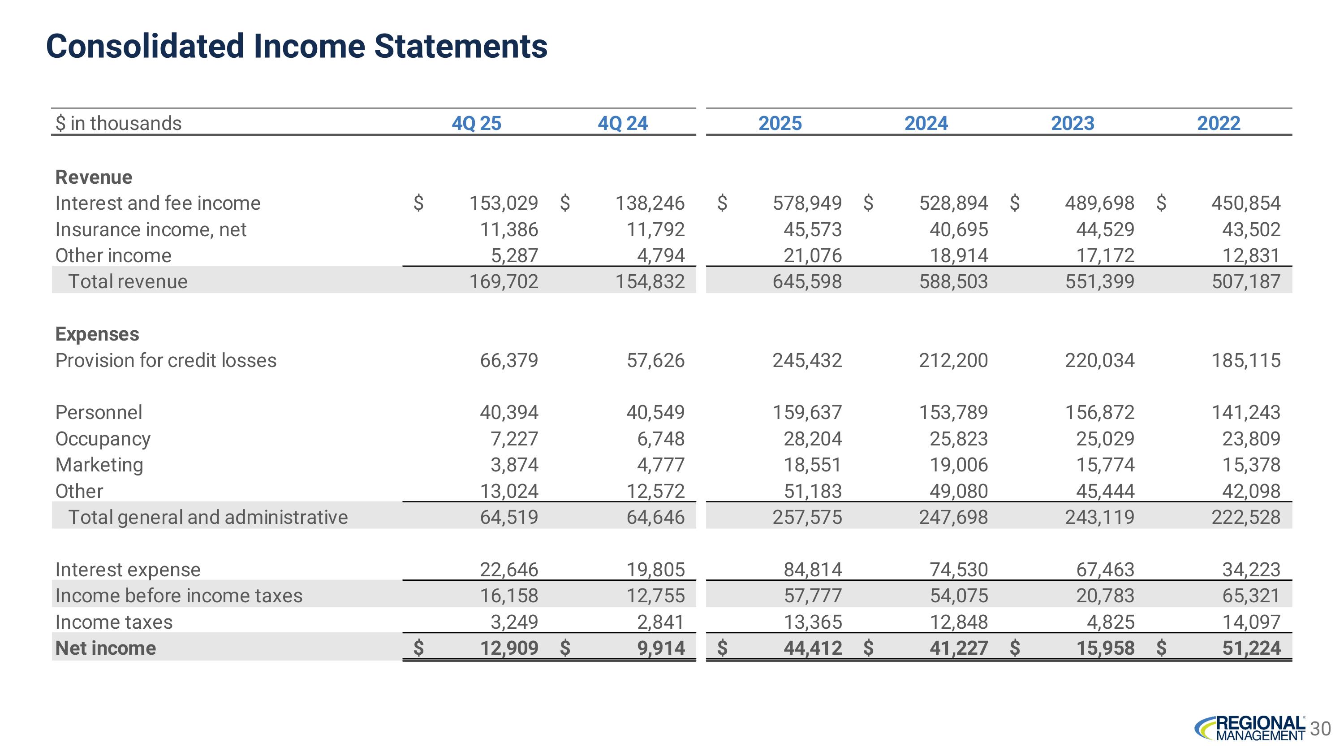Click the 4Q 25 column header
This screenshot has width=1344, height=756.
click(x=476, y=124)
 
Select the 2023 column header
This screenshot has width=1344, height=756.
click(x=1072, y=124)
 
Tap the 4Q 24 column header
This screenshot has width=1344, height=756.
click(x=622, y=124)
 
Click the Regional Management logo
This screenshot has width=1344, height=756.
click(x=1250, y=728)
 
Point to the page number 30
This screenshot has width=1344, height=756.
click(x=1321, y=729)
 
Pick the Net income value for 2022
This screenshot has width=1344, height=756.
click(x=1251, y=648)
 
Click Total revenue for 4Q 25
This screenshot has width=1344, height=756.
click(x=504, y=282)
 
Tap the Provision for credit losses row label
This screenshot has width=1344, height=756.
click(x=166, y=360)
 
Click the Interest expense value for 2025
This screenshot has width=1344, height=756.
click(x=812, y=570)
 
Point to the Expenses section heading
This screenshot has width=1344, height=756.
click(x=97, y=334)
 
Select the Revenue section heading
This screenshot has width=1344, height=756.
click(x=94, y=177)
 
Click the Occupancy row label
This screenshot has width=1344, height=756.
click(x=103, y=439)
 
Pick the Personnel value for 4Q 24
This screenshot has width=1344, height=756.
click(x=655, y=413)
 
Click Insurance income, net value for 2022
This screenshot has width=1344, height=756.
click(x=1251, y=229)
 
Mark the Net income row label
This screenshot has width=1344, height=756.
click(x=105, y=648)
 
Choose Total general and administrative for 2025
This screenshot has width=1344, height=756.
click(x=807, y=518)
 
